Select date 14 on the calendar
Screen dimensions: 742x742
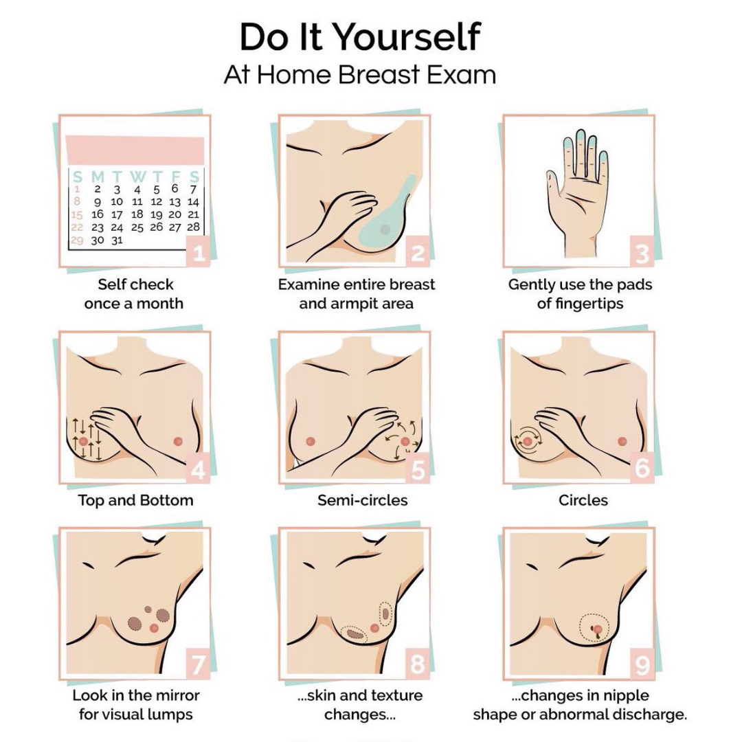click(x=193, y=202)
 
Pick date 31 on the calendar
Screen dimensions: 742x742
click(x=117, y=240)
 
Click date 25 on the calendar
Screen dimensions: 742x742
click(x=137, y=227)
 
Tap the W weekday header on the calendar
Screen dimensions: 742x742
click(x=137, y=177)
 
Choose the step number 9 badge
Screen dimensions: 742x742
click(x=642, y=666)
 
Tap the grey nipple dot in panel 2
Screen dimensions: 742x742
click(x=385, y=229)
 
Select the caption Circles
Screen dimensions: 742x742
click(x=583, y=500)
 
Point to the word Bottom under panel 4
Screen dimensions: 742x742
click(x=165, y=500)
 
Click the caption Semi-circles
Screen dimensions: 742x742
click(x=363, y=500)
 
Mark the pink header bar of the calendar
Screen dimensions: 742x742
click(x=135, y=150)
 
